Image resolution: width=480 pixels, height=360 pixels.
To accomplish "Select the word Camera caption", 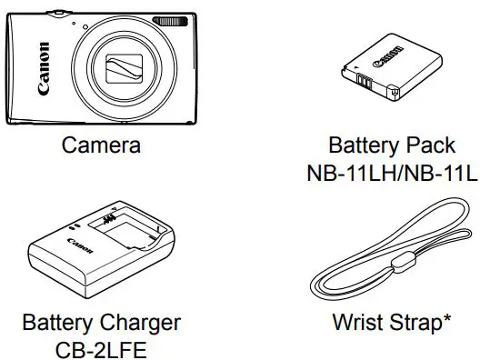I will (x=101, y=145).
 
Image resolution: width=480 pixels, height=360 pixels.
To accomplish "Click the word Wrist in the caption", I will (x=357, y=322).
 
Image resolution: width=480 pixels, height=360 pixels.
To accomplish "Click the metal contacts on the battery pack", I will (x=363, y=86).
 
